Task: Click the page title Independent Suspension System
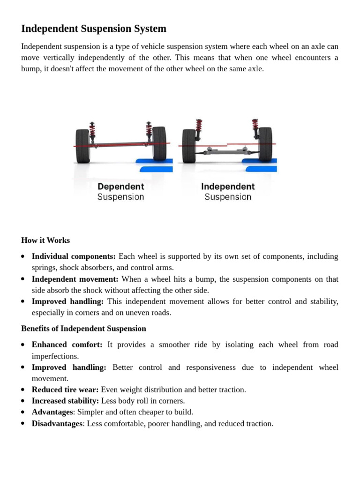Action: [94, 29]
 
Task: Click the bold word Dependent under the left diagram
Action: [120, 187]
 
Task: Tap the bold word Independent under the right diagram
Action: [228, 187]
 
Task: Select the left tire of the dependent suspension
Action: [82, 146]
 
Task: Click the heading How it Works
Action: [45, 240]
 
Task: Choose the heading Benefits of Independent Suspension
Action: [83, 329]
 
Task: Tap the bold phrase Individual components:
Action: [74, 256]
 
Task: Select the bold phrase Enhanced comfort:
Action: [67, 345]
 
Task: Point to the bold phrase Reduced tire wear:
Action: [65, 390]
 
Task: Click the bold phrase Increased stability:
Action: [65, 401]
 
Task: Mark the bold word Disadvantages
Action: [57, 424]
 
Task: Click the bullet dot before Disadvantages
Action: [23, 424]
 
